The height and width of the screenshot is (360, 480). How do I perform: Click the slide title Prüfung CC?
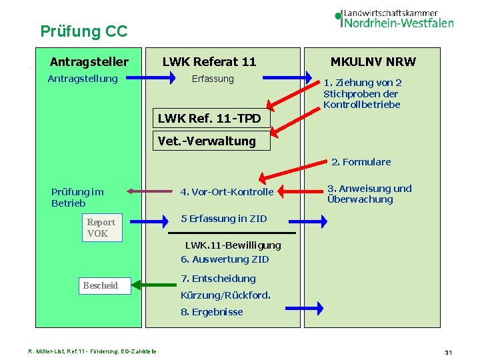pyautogui.click(x=83, y=31)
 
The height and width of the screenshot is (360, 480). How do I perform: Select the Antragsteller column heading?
pyautogui.click(x=89, y=62)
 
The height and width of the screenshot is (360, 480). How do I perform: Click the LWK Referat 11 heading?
pyautogui.click(x=209, y=62)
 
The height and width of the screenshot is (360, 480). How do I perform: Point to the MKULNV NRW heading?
pyautogui.click(x=373, y=62)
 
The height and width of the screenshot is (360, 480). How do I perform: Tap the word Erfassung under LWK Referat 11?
pyautogui.click(x=213, y=79)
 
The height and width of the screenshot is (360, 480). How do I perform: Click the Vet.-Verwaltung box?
pyautogui.click(x=207, y=141)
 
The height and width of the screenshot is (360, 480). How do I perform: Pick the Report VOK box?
pyautogui.click(x=101, y=227)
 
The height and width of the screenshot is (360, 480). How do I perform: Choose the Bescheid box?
pyautogui.click(x=101, y=285)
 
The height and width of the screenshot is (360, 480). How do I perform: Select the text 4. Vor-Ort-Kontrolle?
pyautogui.click(x=227, y=192)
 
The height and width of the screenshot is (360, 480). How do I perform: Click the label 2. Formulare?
pyautogui.click(x=361, y=162)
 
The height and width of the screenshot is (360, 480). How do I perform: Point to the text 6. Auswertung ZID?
pyautogui.click(x=225, y=259)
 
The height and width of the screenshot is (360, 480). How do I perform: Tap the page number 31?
pyautogui.click(x=449, y=351)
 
